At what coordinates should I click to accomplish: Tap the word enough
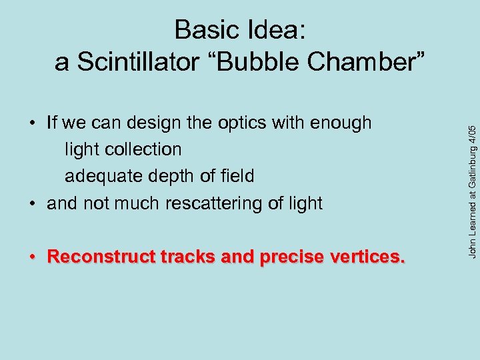pos(343,123)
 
